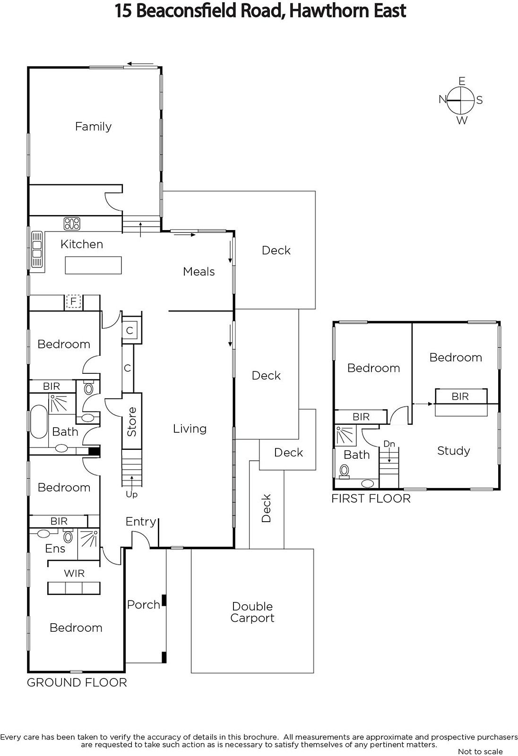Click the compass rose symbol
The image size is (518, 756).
pos(461,101)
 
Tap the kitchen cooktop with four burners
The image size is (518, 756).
pos(72,223)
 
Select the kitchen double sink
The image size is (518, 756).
pos(37,249)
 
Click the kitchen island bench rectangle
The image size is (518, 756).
pos(93,265)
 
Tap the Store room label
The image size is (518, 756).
pos(132,421)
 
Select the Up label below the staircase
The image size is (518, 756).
pos(132,494)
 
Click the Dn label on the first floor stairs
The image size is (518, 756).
pos(389,444)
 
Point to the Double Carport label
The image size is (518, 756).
pos(252,612)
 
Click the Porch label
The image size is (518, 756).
pos(144,604)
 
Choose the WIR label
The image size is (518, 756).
pos(74,573)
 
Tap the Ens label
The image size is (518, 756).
pos(55,549)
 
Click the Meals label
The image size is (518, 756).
pos(199,271)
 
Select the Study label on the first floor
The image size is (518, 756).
pos(454,451)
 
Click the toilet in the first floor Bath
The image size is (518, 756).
pos(345,471)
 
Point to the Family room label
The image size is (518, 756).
pos(93,127)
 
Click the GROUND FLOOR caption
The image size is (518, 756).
pos(77,682)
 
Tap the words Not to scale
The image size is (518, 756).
pos(480,751)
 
